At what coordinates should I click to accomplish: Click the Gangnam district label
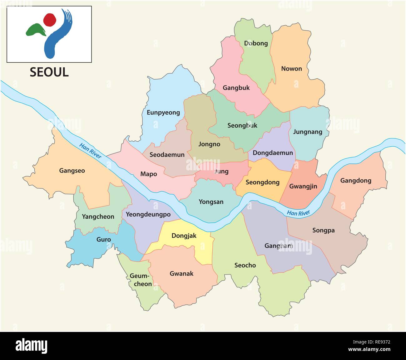[279, 246]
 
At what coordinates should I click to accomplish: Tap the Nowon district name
[291, 69]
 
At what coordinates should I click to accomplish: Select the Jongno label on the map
[209, 144]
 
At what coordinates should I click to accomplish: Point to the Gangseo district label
[72, 171]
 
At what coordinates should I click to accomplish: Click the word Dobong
[256, 43]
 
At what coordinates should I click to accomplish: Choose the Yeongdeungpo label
[148, 214]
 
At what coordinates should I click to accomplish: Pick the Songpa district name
[323, 230]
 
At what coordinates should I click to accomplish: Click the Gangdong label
[355, 180]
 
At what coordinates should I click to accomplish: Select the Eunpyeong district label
[163, 112]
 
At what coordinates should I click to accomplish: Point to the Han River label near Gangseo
[90, 151]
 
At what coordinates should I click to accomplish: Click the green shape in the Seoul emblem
[35, 30]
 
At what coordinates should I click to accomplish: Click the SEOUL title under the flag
[49, 72]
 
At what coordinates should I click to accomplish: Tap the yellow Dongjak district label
[184, 236]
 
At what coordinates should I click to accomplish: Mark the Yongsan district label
[211, 202]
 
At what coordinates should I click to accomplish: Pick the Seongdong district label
[262, 182]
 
